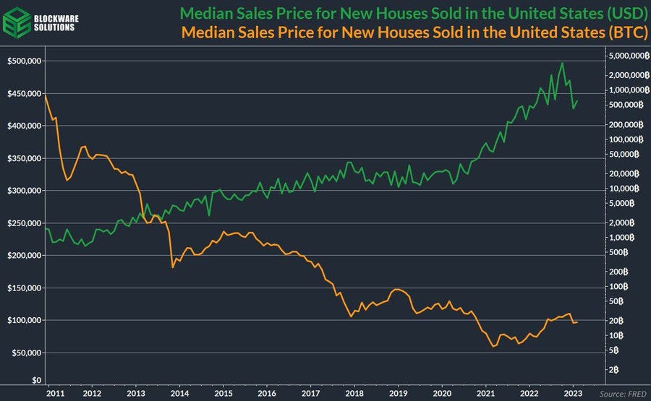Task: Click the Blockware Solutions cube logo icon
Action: click(x=17, y=21)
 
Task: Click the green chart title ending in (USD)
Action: click(x=413, y=14)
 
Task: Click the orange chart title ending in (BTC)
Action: click(x=414, y=32)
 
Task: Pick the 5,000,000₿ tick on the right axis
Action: click(x=616, y=56)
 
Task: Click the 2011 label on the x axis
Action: click(x=54, y=394)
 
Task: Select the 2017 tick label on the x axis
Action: click(x=310, y=394)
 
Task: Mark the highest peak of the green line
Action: click(x=562, y=63)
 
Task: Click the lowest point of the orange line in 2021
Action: click(x=493, y=346)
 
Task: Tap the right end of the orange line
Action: click(x=577, y=322)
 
